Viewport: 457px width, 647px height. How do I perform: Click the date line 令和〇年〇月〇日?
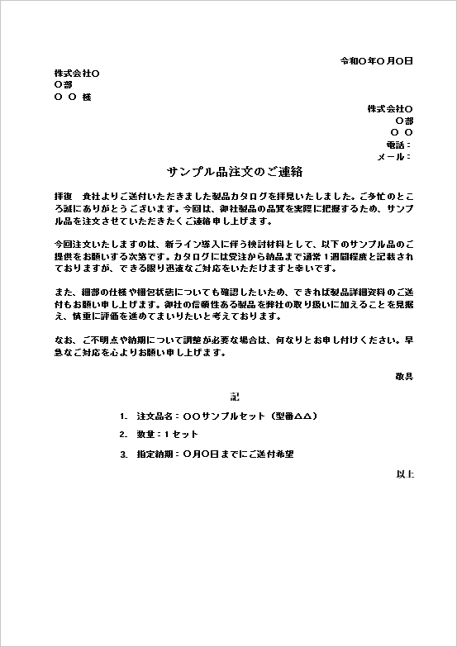click(x=376, y=61)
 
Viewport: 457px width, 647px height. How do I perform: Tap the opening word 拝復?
click(x=63, y=198)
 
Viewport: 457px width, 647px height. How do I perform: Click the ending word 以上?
click(x=404, y=474)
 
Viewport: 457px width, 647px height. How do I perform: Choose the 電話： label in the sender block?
click(x=399, y=145)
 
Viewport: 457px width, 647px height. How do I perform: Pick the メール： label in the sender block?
click(x=394, y=156)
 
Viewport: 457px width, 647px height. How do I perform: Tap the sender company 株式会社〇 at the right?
click(x=390, y=109)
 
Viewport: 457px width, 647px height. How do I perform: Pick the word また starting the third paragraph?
click(x=60, y=293)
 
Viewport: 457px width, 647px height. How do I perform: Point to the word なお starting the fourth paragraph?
click(x=60, y=340)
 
